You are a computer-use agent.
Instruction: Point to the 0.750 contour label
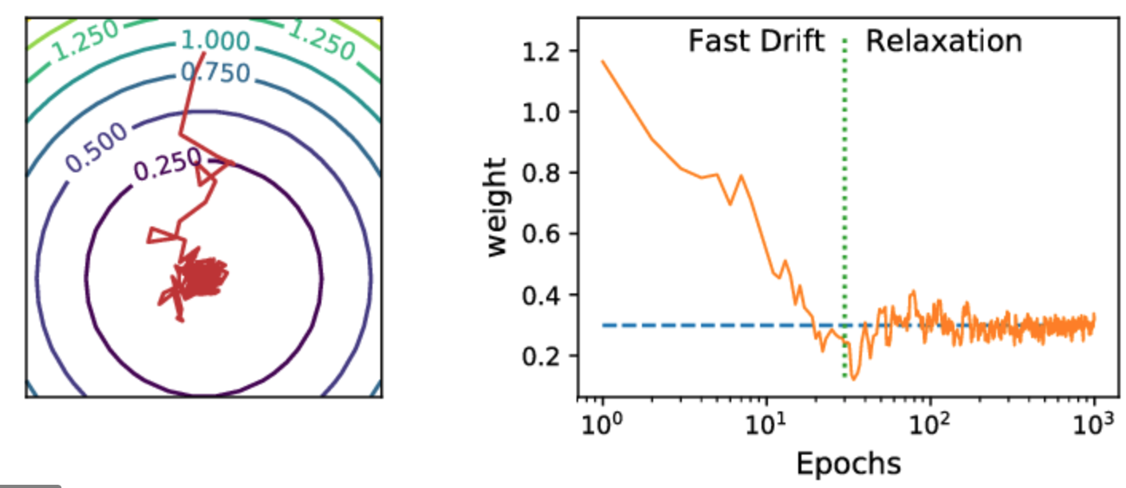[215, 73]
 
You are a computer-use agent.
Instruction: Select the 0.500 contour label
[96, 148]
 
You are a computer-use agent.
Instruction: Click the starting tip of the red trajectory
[205, 52]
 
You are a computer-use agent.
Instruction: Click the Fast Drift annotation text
[755, 41]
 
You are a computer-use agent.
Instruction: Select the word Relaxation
[943, 41]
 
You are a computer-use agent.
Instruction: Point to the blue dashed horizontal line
[702, 325]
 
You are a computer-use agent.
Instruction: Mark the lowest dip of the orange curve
[854, 378]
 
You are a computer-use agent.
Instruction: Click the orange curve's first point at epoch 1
[603, 61]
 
